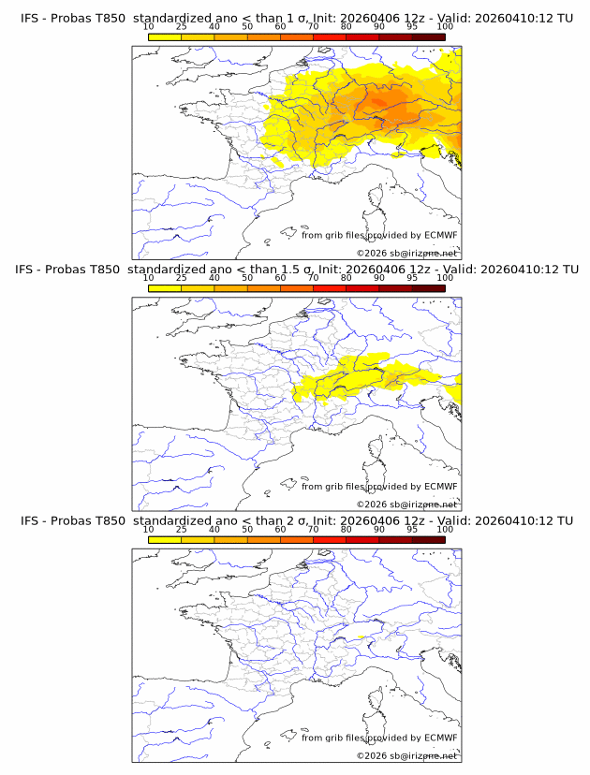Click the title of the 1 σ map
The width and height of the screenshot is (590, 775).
point(296,18)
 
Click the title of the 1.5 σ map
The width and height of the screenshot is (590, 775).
point(296,269)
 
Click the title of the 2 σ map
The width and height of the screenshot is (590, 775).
point(296,519)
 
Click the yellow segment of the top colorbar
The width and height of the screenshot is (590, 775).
point(165,37)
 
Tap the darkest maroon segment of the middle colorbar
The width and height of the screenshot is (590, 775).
point(428,288)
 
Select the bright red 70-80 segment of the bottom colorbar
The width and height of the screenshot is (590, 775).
point(330,539)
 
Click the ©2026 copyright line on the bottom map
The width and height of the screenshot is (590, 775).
point(407,754)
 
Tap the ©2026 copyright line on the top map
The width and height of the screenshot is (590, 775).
point(407,253)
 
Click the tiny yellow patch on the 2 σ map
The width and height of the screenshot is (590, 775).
point(360,637)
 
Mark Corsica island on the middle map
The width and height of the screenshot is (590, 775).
point(377,451)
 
